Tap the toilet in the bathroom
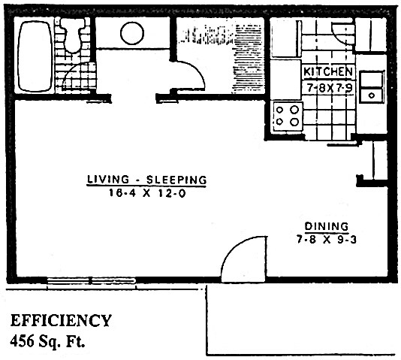pos(74,34)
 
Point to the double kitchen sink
pos(371,86)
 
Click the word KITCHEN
pos(328,71)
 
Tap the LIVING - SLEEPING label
pos(146,180)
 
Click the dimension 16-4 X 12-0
pos(146,192)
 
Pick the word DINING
pos(326,225)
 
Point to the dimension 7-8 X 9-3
pos(326,238)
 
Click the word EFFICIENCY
pos(61,321)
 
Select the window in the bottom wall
pos(92,282)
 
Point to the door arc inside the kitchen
pos(342,34)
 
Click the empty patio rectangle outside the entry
pos(300,319)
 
